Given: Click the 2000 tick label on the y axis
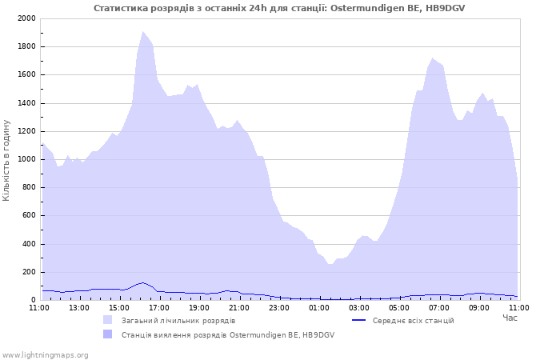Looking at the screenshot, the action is [x=26, y=18].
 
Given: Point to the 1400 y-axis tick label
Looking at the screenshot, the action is [x=26, y=103].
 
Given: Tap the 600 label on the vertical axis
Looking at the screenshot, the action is [x=29, y=215].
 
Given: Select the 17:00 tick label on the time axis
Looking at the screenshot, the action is [x=159, y=308].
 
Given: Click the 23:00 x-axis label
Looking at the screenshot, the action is [x=279, y=308].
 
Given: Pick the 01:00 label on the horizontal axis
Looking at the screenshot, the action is [x=319, y=308].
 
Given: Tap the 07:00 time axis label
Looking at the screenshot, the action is [x=439, y=308].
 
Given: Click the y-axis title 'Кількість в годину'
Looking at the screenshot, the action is [x=6, y=160].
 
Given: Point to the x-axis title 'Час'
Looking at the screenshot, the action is [x=510, y=318].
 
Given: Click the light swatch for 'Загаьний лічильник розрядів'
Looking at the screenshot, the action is [x=107, y=320].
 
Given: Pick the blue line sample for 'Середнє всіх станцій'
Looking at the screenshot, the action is [x=359, y=320].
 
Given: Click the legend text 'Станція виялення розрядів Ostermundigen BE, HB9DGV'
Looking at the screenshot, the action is [x=228, y=335].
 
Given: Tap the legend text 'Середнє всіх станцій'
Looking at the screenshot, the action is [x=414, y=321].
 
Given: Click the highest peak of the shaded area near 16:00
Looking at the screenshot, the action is [x=143, y=31].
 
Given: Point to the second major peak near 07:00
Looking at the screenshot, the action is [x=433, y=58].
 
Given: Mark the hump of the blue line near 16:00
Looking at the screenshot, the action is [x=143, y=283].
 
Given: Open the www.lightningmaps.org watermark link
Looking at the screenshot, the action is [x=45, y=355].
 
